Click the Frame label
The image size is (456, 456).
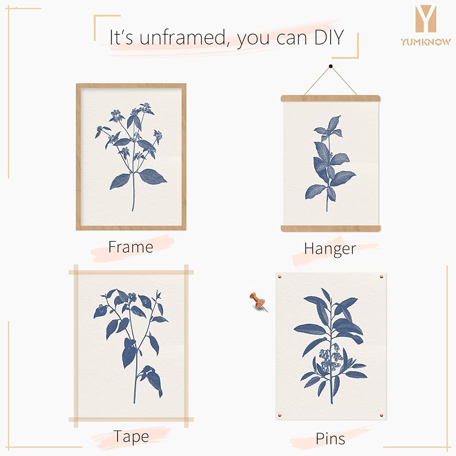click(131, 247)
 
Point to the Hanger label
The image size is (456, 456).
click(330, 249)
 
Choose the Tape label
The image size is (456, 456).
click(131, 437)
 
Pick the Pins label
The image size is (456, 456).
click(330, 438)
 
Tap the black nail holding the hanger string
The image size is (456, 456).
click(330, 68)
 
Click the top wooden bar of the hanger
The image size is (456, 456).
click(330, 98)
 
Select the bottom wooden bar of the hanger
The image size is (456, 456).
click(330, 229)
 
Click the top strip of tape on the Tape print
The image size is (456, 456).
click(131, 272)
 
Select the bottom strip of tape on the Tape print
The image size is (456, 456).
click(131, 420)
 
